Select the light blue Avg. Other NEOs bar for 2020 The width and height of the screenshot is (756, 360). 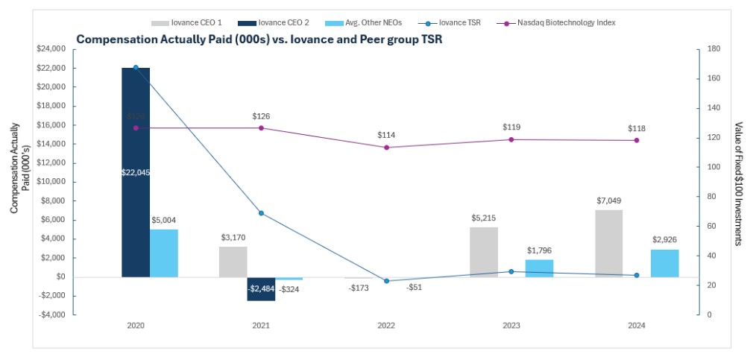[164, 253]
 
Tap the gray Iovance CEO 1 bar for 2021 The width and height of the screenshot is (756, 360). [233, 262]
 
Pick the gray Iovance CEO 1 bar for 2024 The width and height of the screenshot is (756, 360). [608, 243]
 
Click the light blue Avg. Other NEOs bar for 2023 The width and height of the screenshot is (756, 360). [540, 268]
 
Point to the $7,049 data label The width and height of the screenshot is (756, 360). [608, 201]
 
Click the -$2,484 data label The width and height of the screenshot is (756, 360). [261, 288]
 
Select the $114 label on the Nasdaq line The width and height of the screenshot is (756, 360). [386, 135]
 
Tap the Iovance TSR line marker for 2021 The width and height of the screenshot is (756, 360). [261, 213]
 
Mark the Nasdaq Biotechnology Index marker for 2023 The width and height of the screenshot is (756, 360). [511, 139]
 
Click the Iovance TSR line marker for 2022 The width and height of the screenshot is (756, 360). [386, 281]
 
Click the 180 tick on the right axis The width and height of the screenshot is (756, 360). [713, 49]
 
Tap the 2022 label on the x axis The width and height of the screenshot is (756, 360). [386, 326]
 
